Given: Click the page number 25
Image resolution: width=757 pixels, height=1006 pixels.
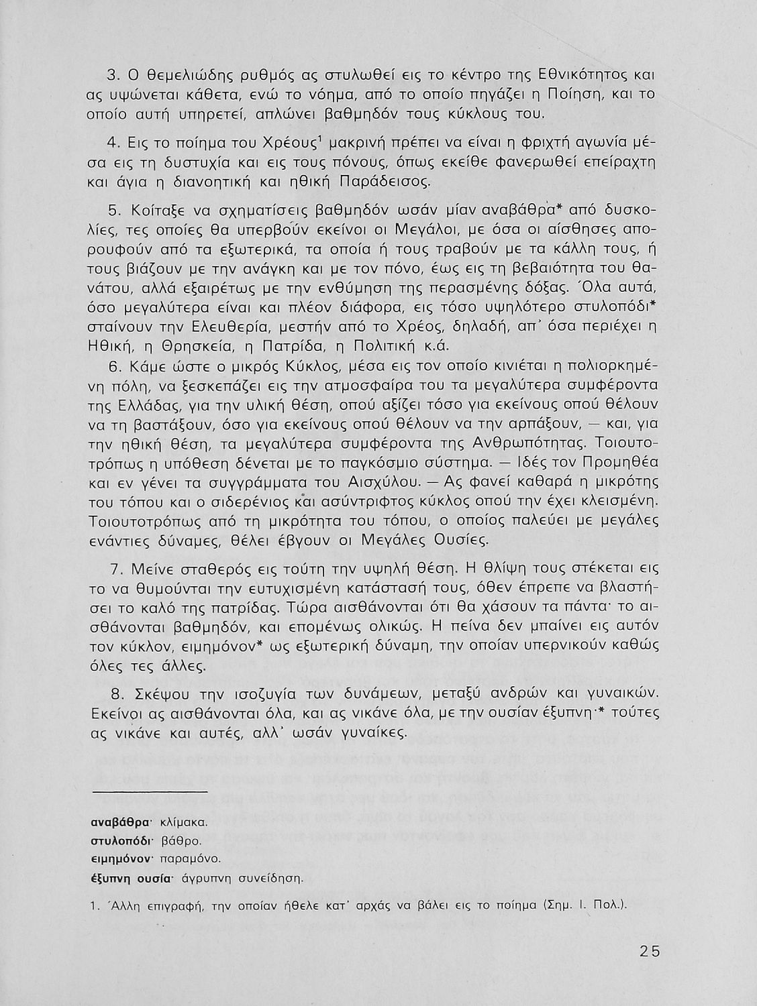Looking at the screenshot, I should tap(650, 951).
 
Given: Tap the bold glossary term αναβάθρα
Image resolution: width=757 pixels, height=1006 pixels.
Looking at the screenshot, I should tap(119, 822).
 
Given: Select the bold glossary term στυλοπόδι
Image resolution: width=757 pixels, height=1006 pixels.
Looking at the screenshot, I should tap(119, 840).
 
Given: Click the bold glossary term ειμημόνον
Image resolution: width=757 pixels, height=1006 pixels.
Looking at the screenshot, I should tap(119, 858).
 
